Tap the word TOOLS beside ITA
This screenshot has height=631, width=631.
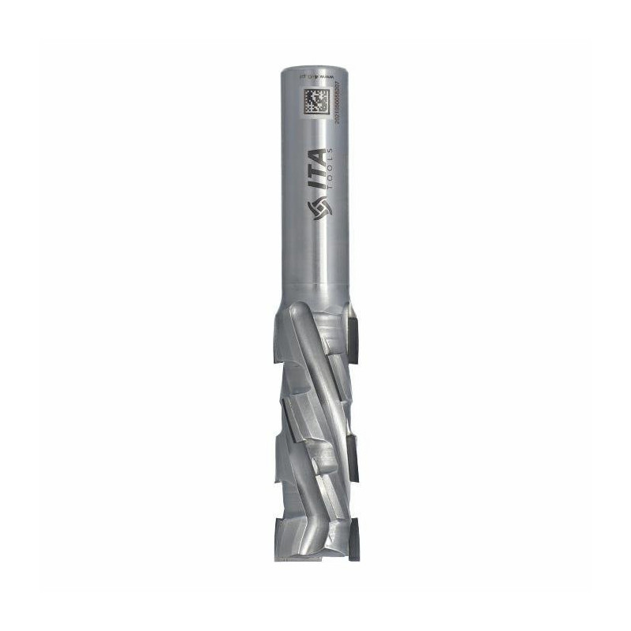tap(337, 175)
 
